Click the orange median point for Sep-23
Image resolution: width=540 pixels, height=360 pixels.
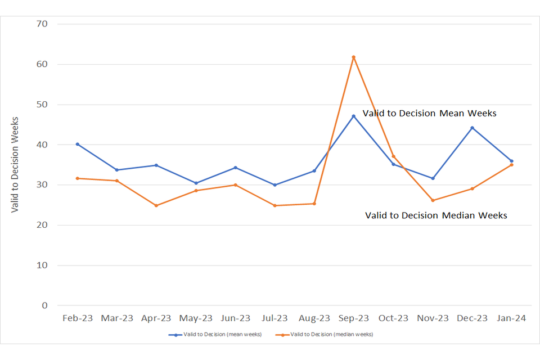click(x=354, y=57)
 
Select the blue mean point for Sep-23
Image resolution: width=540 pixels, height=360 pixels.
click(x=354, y=116)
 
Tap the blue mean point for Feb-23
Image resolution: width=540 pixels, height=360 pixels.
click(x=78, y=144)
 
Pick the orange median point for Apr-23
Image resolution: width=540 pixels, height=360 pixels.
click(x=156, y=205)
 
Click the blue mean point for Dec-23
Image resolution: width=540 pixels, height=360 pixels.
click(x=472, y=128)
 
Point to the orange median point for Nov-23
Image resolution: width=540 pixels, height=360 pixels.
click(x=433, y=200)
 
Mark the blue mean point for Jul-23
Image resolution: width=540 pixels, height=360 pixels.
click(x=275, y=185)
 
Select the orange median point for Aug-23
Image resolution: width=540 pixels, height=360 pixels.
click(x=314, y=204)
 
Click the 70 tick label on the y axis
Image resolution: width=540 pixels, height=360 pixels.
click(x=42, y=24)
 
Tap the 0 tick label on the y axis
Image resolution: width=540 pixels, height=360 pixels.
click(x=46, y=305)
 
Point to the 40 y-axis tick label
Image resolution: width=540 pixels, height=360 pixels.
click(x=42, y=145)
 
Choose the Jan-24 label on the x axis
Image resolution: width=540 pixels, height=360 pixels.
click(x=511, y=318)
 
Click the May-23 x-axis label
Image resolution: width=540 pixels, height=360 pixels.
click(x=196, y=318)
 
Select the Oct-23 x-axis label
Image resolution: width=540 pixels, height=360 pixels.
click(x=393, y=318)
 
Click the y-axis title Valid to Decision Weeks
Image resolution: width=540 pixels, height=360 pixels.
click(x=15, y=164)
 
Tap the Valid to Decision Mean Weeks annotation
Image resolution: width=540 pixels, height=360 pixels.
click(x=429, y=113)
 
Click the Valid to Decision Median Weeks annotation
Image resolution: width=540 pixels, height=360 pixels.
click(x=436, y=215)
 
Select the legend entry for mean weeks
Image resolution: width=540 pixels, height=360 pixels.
click(x=215, y=334)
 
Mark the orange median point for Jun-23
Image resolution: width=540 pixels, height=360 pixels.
click(x=235, y=185)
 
